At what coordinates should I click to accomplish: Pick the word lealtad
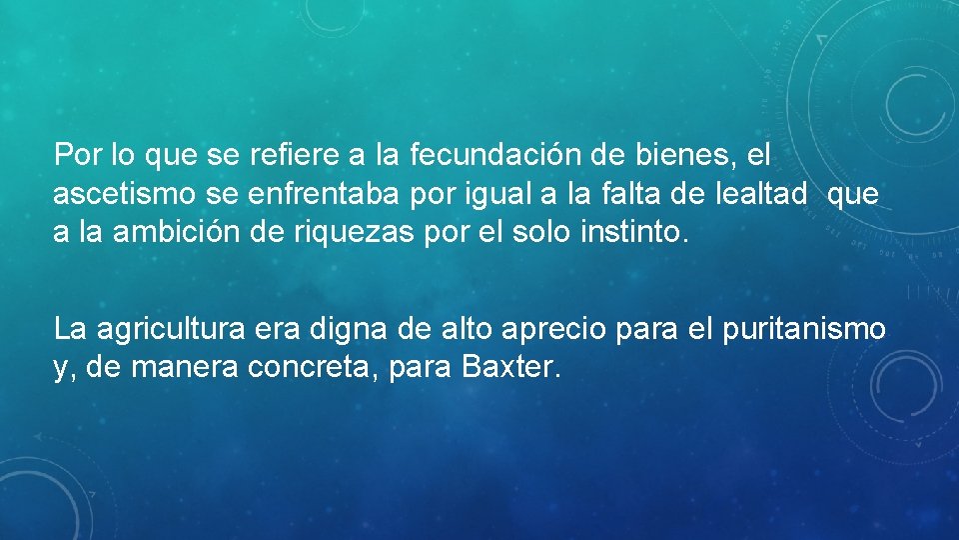[765, 194]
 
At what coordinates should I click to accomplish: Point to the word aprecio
[554, 328]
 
